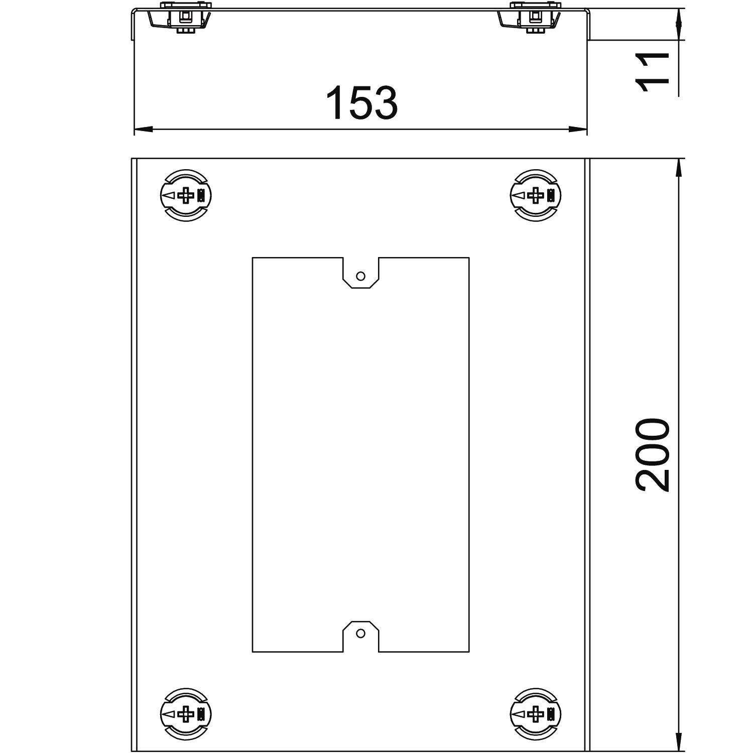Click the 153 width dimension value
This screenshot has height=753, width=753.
(361, 103)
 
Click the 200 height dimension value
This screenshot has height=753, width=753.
(653, 455)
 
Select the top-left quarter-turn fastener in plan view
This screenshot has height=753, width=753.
(185, 195)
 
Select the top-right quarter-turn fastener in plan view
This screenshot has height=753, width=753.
(536, 195)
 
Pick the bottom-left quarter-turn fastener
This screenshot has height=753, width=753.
(185, 713)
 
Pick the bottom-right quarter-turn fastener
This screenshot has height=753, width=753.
(536, 713)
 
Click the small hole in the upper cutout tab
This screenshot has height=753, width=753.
(360, 276)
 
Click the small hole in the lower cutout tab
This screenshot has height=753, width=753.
(360, 634)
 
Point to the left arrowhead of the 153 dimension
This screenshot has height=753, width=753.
(143, 130)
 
